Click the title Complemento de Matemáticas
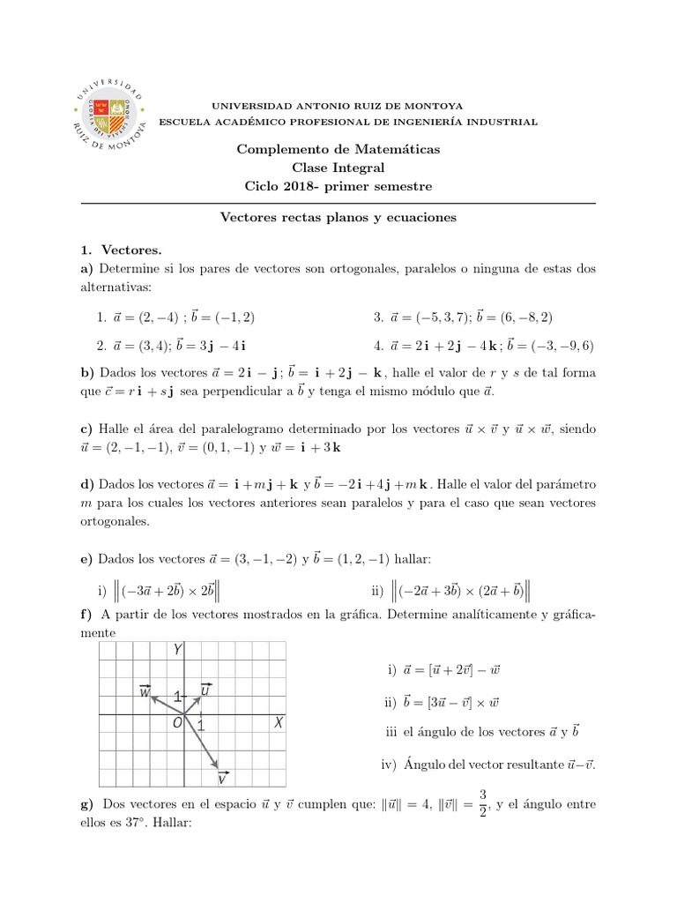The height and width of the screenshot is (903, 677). click(x=338, y=149)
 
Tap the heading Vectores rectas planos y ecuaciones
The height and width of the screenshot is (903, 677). click(x=338, y=216)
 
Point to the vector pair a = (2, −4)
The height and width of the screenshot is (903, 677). click(x=176, y=317)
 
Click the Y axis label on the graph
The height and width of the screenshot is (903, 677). click(x=178, y=650)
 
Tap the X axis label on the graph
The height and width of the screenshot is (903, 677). click(x=278, y=722)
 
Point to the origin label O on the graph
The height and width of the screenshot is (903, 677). click(x=177, y=723)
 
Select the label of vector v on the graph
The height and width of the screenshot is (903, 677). click(x=223, y=778)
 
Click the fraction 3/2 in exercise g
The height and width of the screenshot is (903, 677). click(x=483, y=804)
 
